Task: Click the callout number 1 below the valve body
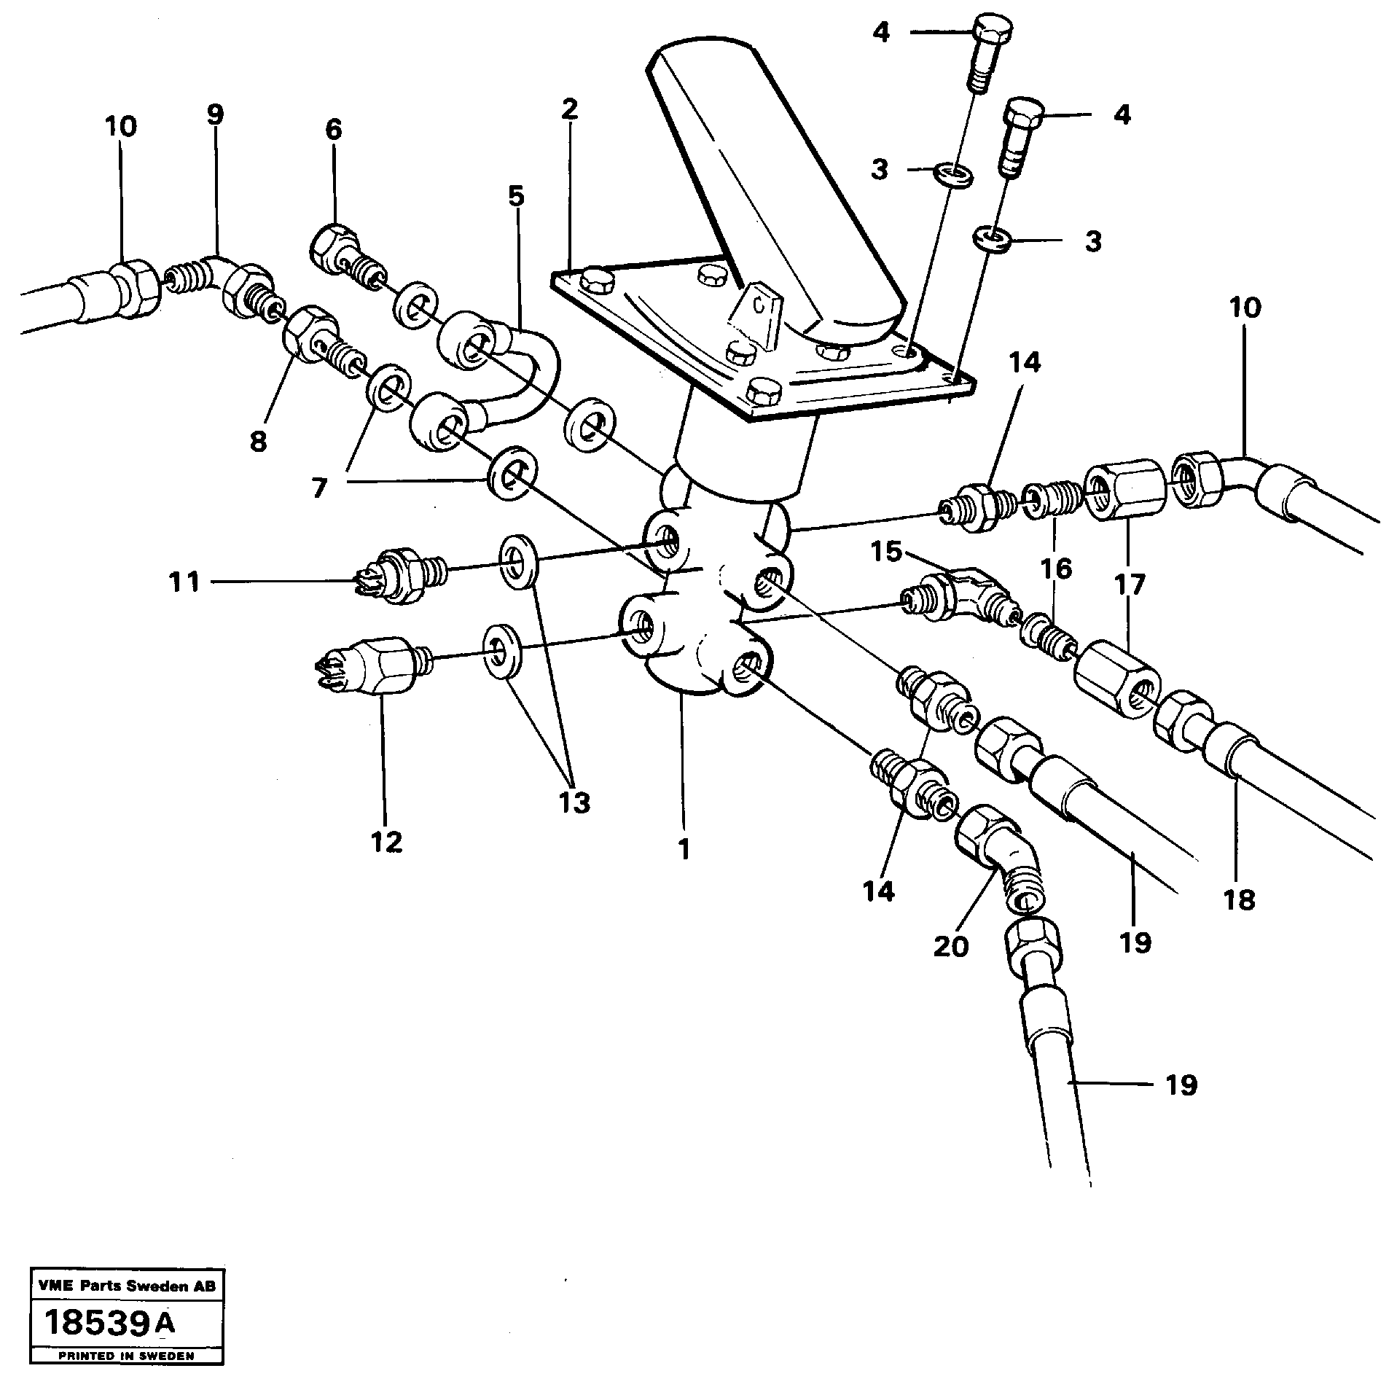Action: point(684,849)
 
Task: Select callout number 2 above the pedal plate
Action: point(569,109)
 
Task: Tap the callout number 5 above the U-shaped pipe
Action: point(516,197)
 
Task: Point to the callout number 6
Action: point(333,130)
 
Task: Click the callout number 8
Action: point(258,441)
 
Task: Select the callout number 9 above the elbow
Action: point(215,114)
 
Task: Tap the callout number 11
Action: point(184,582)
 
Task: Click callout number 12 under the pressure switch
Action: point(386,843)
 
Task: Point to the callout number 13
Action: point(574,802)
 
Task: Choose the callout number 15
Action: point(887,552)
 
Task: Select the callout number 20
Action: point(951,946)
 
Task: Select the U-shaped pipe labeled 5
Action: point(536,372)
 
